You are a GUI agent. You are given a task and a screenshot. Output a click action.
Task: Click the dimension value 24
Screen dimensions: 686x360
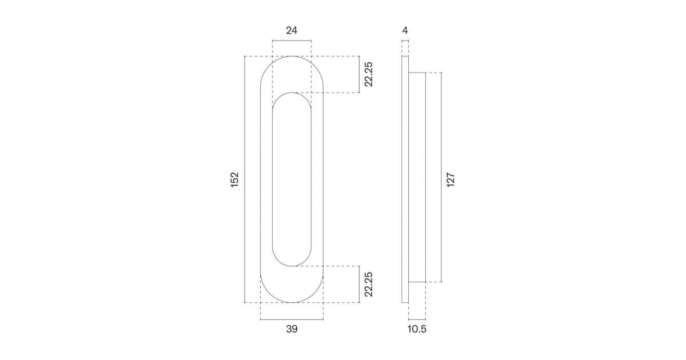coord(292,31)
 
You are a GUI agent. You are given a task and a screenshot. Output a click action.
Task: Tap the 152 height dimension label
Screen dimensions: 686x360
coord(234,179)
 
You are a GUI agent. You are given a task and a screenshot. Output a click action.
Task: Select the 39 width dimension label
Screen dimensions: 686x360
coord(292,329)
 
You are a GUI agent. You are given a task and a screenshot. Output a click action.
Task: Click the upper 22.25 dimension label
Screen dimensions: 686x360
coord(369,74)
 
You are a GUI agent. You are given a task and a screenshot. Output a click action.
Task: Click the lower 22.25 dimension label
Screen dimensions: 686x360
coord(369,285)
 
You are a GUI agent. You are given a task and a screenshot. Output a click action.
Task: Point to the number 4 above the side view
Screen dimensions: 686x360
coord(405,31)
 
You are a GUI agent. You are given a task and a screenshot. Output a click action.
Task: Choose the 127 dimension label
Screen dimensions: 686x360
coord(450,179)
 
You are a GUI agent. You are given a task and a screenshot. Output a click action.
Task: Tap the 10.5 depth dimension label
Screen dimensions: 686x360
coord(417,329)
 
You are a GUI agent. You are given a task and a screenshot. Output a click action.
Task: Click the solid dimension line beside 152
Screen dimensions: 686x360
coord(245,179)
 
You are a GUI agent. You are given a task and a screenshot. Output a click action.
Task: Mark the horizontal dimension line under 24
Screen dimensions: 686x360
coord(292,41)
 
